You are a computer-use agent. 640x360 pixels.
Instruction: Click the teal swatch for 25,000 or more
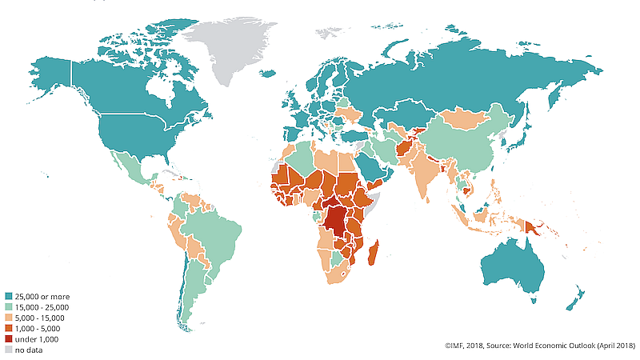[8, 297]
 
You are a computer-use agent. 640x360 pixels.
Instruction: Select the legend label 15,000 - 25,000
[42, 307]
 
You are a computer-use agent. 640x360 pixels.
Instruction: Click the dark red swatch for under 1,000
[8, 338]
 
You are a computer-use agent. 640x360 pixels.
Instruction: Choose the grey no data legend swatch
[8, 349]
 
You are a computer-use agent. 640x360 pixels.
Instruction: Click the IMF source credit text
[540, 346]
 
